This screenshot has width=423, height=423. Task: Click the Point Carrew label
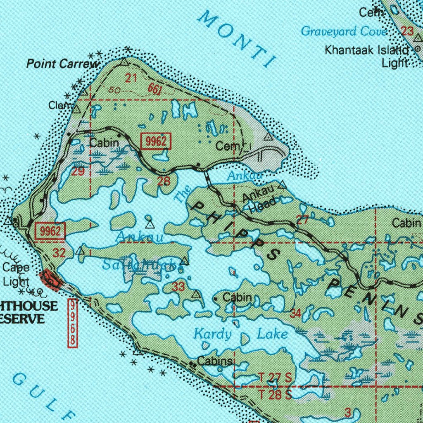click(x=63, y=64)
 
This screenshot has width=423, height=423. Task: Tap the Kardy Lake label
click(x=241, y=334)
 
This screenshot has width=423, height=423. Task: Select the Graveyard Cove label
click(x=344, y=31)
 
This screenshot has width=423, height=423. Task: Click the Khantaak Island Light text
click(x=366, y=57)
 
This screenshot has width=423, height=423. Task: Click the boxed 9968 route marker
click(x=73, y=323)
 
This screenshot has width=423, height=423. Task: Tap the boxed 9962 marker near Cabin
click(x=156, y=142)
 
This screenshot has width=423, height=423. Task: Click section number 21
click(x=131, y=78)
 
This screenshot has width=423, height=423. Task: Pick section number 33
click(x=178, y=286)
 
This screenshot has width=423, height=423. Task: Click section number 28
click(x=164, y=181)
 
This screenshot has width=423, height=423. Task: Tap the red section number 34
click(x=295, y=314)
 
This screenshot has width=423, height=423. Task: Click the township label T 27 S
click(x=275, y=377)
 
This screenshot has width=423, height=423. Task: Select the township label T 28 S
click(x=275, y=394)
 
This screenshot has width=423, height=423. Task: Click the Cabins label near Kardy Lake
click(x=215, y=361)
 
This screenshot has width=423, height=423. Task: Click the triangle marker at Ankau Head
click(x=283, y=184)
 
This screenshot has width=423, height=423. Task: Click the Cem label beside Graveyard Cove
click(x=371, y=12)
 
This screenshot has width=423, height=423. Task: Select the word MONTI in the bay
click(x=238, y=38)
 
